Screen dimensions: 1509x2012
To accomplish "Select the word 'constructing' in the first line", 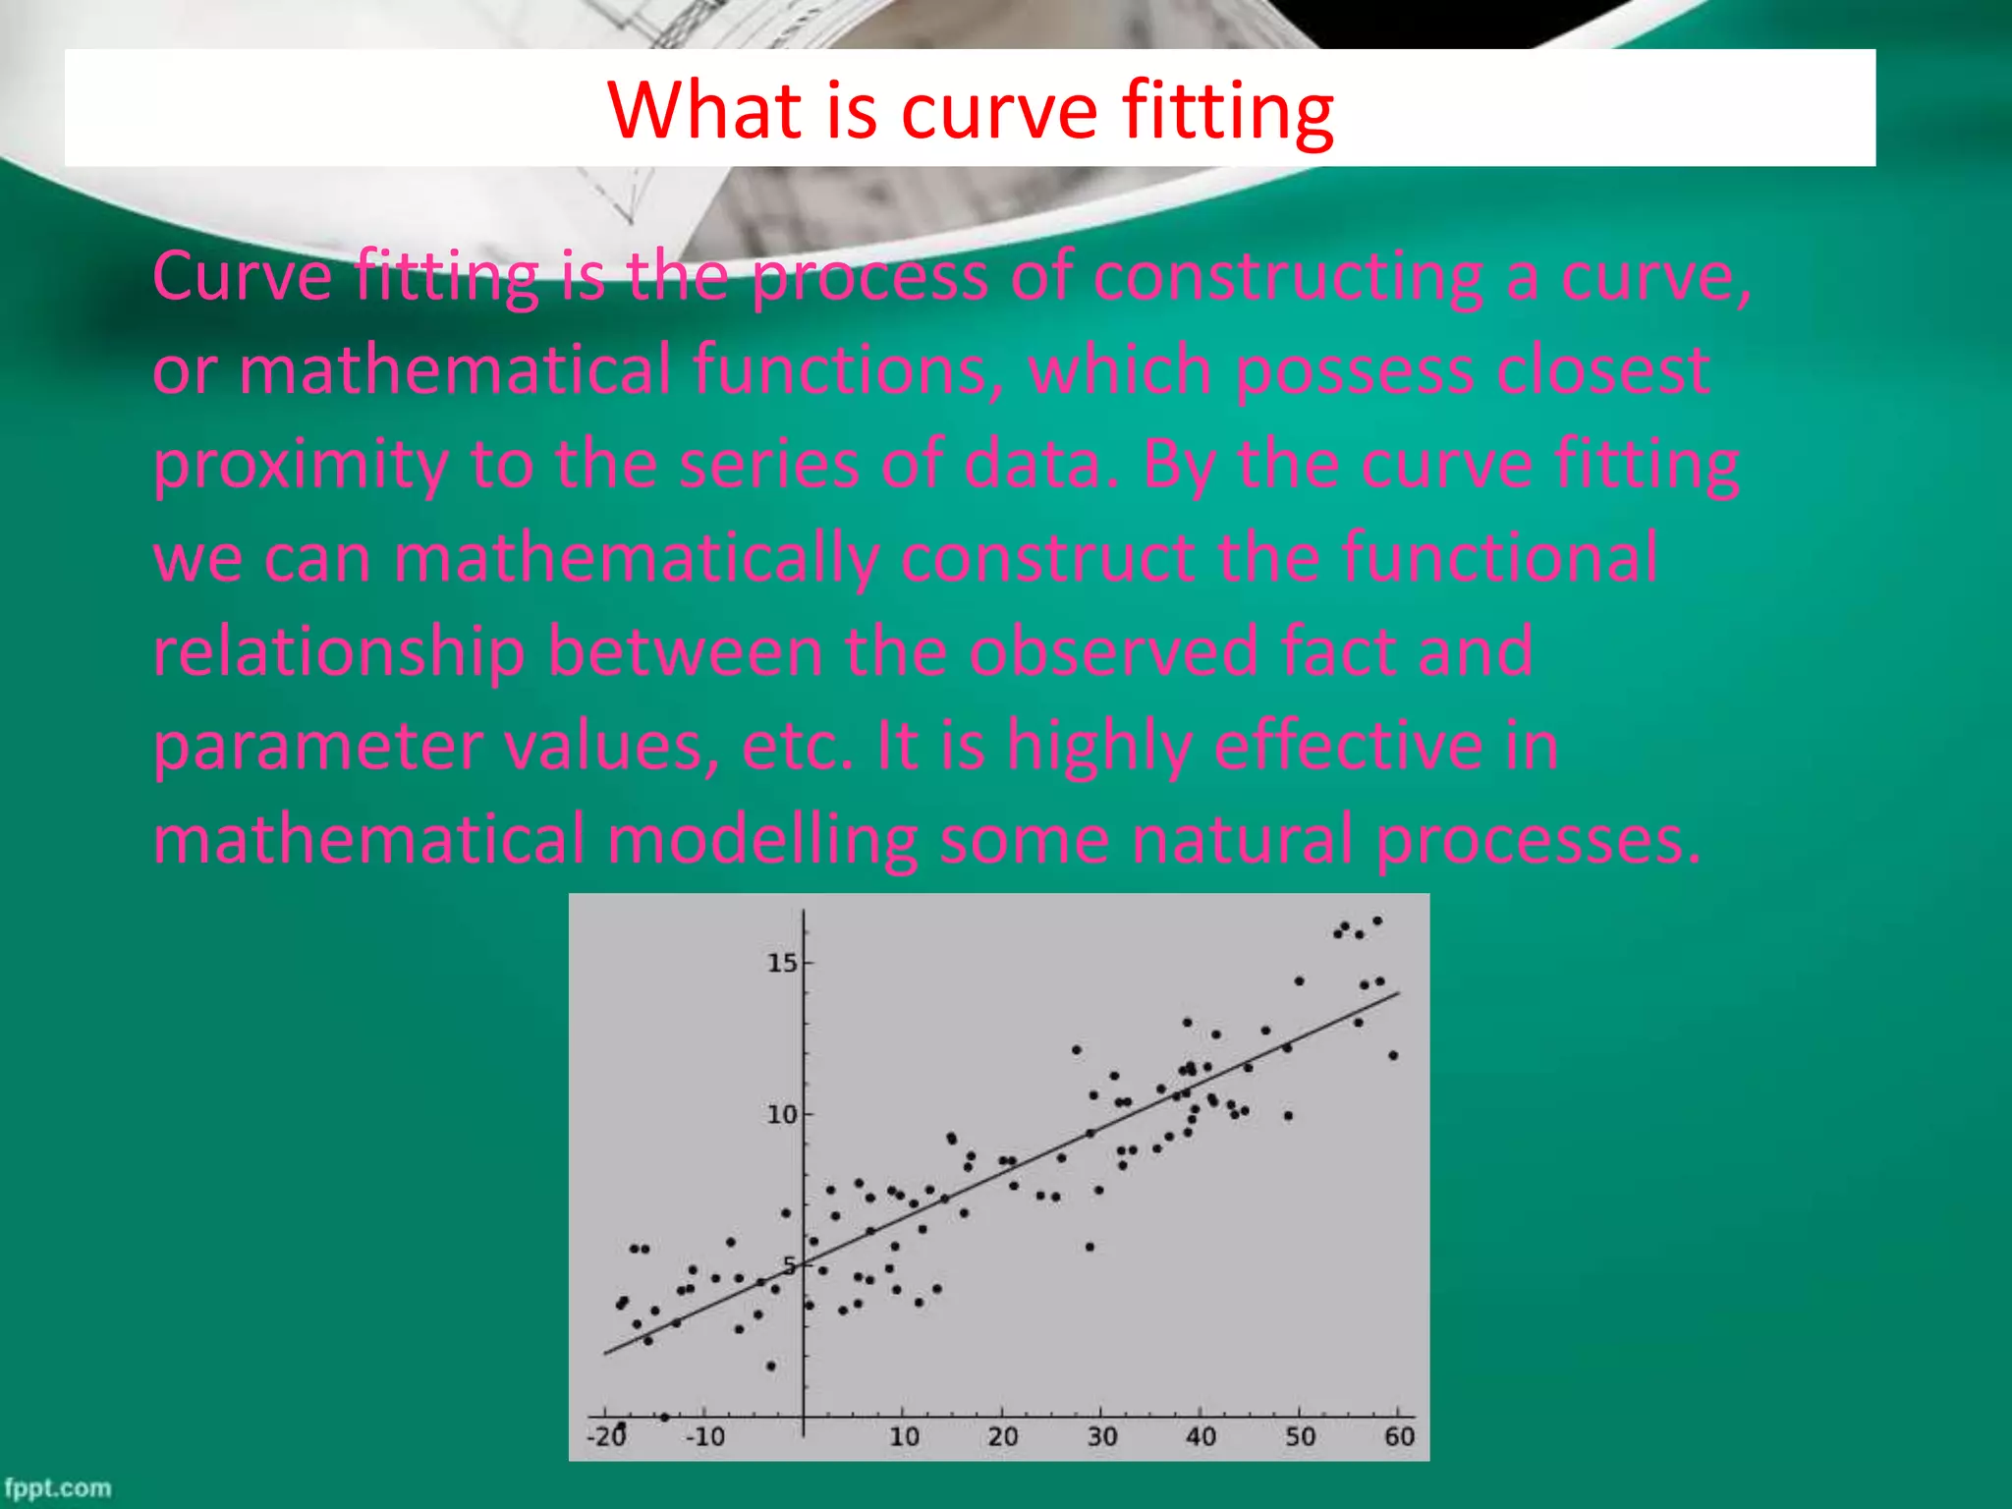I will click(x=1287, y=277).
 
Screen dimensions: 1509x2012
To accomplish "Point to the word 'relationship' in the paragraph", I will click(x=339, y=652).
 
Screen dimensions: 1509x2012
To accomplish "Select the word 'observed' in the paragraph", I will click(x=1113, y=650).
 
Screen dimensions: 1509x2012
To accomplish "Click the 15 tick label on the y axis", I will click(x=782, y=963).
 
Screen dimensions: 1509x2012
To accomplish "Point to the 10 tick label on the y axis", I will click(x=782, y=1115).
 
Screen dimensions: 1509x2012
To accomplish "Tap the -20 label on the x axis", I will click(x=606, y=1436).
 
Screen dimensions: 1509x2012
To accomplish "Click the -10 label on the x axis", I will click(x=704, y=1436).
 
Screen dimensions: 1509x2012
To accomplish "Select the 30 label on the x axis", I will click(x=1101, y=1436).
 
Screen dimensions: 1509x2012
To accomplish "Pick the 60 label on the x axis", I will click(x=1399, y=1436).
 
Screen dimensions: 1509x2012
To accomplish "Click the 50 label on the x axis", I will click(x=1300, y=1436).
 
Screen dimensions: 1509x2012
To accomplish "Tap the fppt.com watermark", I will click(x=57, y=1487).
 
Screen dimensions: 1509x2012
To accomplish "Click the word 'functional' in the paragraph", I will click(x=1500, y=558).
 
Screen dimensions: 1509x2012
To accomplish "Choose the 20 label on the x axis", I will click(x=1002, y=1436).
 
